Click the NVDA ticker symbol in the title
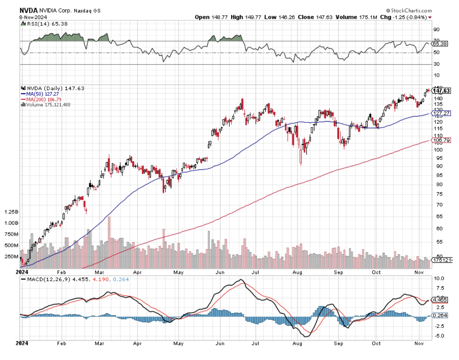[x=29, y=11]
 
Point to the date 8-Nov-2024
[x=33, y=17]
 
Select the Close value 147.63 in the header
[x=324, y=17]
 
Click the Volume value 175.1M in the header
[x=368, y=17]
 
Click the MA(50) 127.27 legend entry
[x=42, y=94]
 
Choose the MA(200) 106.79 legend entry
[x=44, y=99]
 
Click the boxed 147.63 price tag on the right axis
[x=441, y=91]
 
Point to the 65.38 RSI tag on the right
[x=440, y=44]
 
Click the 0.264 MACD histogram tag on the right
[x=440, y=315]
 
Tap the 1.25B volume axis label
[x=11, y=212]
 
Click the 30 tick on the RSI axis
[x=437, y=64]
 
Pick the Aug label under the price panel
[x=297, y=272]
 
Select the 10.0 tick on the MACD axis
[x=439, y=279]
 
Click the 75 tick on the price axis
[x=439, y=194]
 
